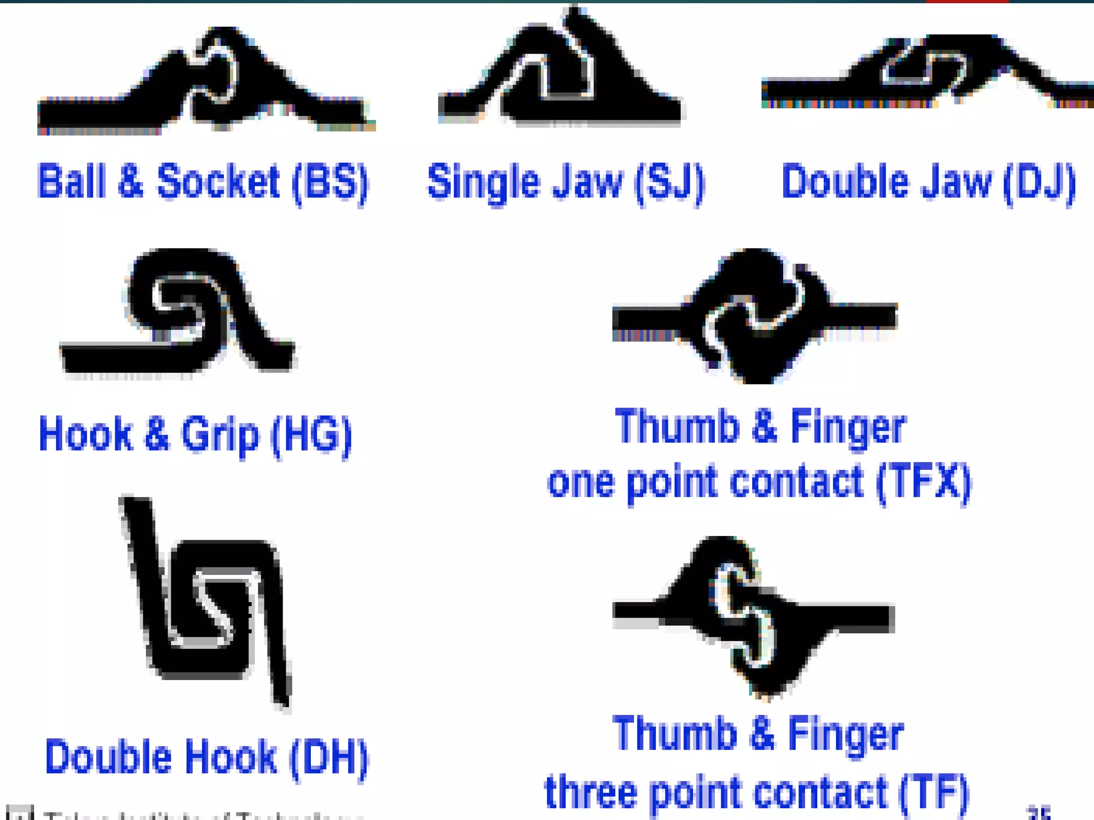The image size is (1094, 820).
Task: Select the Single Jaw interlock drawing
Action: tap(561, 69)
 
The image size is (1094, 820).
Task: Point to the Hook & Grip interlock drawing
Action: tap(179, 312)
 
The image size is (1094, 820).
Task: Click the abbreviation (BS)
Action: tap(331, 183)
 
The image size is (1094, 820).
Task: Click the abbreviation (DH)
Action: tap(329, 758)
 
